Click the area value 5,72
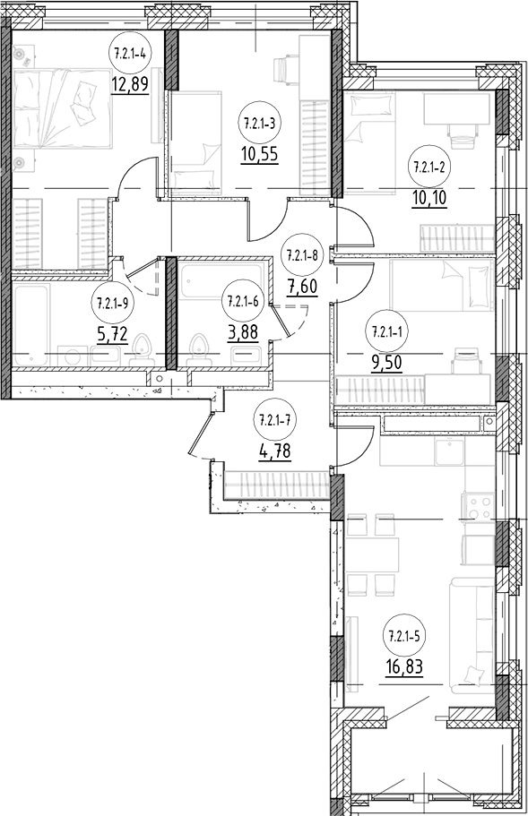pos(112,332)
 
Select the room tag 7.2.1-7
pos(274,420)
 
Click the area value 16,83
pos(404,666)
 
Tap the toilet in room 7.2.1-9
pos(141,351)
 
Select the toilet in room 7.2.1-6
pos(198,351)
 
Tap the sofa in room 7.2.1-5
pos(472,635)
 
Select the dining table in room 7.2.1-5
pos(372,554)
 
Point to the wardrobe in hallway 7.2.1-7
pos(277,485)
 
